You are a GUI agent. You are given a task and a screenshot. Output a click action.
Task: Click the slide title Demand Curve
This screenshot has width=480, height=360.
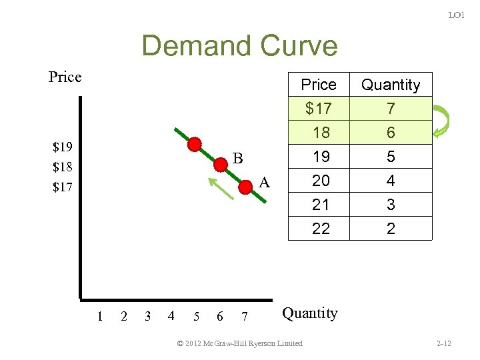pyautogui.click(x=239, y=46)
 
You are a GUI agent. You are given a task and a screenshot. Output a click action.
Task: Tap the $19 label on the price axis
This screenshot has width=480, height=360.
pyautogui.click(x=63, y=146)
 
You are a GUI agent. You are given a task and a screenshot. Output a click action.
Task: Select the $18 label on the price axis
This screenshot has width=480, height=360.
pyautogui.click(x=63, y=167)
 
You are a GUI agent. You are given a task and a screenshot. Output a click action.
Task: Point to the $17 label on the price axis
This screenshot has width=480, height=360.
pyautogui.click(x=63, y=187)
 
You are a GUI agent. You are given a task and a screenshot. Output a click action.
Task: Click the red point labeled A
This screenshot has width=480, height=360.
pyautogui.click(x=245, y=187)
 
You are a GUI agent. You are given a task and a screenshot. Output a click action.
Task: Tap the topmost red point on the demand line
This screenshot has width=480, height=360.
pyautogui.click(x=194, y=144)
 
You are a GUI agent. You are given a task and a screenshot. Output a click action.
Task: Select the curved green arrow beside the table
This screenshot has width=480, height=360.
pyautogui.click(x=441, y=120)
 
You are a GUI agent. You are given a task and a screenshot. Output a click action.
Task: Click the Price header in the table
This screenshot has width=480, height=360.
pyautogui.click(x=319, y=85)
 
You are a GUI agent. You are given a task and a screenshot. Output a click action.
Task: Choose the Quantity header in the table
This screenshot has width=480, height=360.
pyautogui.click(x=391, y=85)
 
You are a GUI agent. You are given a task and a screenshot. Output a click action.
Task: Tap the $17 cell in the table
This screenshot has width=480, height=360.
pyautogui.click(x=319, y=108)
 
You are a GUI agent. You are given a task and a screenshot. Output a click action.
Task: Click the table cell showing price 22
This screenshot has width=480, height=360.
pyautogui.click(x=321, y=229)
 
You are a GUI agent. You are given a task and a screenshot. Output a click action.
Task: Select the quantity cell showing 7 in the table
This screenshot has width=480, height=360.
pyautogui.click(x=391, y=108)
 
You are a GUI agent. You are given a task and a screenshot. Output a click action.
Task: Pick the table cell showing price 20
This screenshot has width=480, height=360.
pyautogui.click(x=321, y=181)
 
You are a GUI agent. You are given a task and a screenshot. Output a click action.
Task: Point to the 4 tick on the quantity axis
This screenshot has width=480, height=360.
pyautogui.click(x=171, y=316)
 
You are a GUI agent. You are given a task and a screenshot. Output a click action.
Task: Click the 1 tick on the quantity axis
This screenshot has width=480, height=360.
pyautogui.click(x=99, y=316)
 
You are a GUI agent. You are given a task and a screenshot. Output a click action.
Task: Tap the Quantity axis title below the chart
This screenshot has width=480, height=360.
pyautogui.click(x=310, y=313)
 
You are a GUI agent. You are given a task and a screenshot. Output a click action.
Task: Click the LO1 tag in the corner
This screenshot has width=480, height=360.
pyautogui.click(x=456, y=15)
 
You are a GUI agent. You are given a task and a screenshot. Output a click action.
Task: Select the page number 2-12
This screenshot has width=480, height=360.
pyautogui.click(x=443, y=343)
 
